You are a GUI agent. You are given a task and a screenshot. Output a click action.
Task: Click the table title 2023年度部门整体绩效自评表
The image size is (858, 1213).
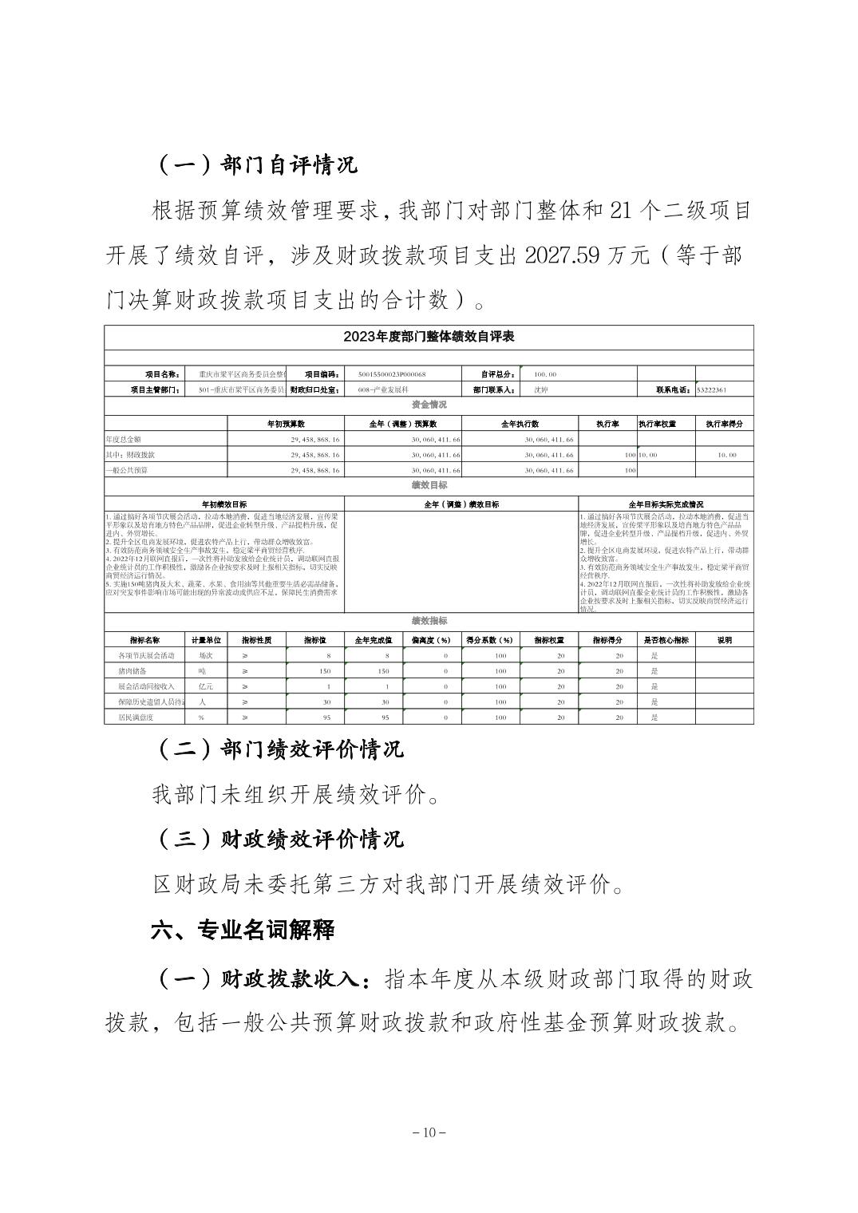click(429, 337)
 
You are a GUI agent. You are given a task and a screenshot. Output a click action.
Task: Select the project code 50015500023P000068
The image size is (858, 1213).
click(393, 374)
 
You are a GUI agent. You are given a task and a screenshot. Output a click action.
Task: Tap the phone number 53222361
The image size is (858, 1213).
click(712, 390)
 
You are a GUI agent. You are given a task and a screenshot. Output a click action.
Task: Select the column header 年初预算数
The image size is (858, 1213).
click(286, 424)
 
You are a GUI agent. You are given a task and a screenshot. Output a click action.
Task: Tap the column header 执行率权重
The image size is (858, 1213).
click(666, 424)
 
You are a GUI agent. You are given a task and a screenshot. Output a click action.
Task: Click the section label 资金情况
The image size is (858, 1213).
click(429, 405)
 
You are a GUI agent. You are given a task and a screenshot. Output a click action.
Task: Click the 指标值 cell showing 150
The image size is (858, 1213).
click(324, 671)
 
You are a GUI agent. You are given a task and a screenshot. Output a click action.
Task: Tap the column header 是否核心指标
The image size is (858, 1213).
click(666, 640)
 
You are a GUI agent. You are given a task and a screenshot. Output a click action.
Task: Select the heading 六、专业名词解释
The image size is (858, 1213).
click(243, 930)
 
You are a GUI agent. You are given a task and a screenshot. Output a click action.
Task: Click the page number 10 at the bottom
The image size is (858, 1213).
click(429, 1132)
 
